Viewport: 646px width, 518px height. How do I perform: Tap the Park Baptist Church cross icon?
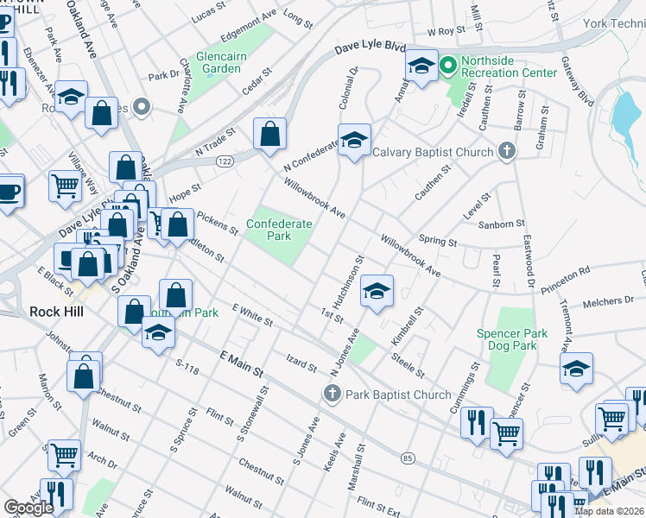click(x=332, y=395)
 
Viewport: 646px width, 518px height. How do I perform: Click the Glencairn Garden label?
click(x=230, y=60)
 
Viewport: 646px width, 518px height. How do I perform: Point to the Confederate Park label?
click(x=279, y=229)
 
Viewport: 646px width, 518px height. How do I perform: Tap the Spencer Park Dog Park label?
click(x=512, y=339)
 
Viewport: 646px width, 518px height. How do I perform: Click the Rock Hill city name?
click(x=56, y=312)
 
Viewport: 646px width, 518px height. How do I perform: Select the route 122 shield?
click(x=225, y=161)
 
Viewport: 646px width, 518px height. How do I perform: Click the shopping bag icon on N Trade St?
click(x=269, y=134)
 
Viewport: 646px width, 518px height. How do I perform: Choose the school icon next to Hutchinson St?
click(x=377, y=292)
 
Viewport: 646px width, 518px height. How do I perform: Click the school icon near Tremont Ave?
click(x=577, y=369)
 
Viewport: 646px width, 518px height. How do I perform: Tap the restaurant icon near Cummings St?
click(x=476, y=423)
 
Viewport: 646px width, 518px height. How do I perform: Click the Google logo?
click(x=28, y=508)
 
